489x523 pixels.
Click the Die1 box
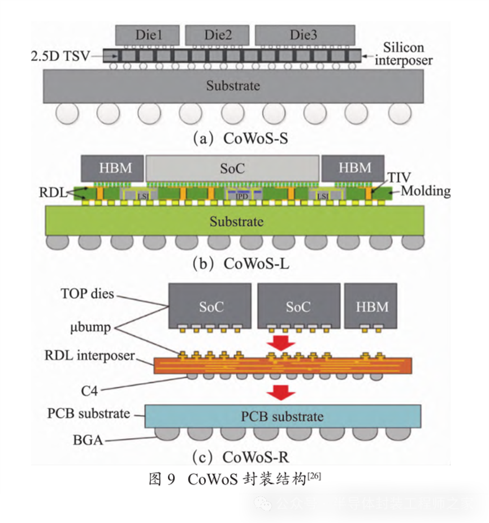(x=148, y=34)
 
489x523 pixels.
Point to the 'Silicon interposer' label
(x=403, y=54)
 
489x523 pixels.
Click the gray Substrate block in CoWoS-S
(x=233, y=86)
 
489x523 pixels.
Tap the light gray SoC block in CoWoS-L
(x=232, y=168)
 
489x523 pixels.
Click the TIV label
(x=399, y=178)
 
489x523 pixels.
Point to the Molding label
(x=426, y=191)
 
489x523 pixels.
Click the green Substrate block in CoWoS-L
(x=236, y=221)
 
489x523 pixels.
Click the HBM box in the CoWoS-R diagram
(x=372, y=306)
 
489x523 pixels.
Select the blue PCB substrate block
(x=282, y=417)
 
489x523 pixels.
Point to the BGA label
(x=88, y=439)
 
